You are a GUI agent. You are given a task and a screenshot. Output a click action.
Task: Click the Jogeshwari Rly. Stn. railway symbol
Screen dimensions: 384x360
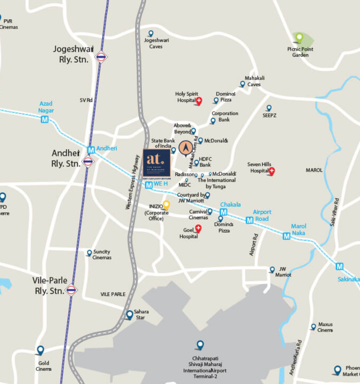pyautogui.click(x=101, y=57)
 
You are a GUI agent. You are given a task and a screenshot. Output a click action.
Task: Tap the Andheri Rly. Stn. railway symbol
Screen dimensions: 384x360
pyautogui.click(x=88, y=161)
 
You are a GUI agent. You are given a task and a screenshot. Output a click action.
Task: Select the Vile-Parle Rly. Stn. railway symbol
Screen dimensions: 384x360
pyautogui.click(x=71, y=290)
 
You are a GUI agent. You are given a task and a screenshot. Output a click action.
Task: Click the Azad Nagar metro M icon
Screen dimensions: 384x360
pyautogui.click(x=45, y=119)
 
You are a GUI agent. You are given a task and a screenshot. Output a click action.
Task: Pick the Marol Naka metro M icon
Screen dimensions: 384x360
pyautogui.click(x=287, y=236)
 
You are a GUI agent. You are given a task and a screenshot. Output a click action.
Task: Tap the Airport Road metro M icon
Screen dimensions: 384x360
pyautogui.click(x=249, y=220)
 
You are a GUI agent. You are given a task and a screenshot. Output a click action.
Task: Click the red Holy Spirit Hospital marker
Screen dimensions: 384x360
pyautogui.click(x=199, y=101)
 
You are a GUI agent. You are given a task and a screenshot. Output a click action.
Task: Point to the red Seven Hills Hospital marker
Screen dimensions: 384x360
pyautogui.click(x=271, y=171)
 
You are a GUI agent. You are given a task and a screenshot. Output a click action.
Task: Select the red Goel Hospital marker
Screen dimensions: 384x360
pyautogui.click(x=198, y=228)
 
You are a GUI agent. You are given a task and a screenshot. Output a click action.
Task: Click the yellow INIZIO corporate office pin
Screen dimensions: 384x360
pyautogui.click(x=166, y=205)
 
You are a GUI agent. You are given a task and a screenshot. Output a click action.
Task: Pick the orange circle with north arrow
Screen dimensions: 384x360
pyautogui.click(x=185, y=148)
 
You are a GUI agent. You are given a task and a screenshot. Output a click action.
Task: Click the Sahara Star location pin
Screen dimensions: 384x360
pyautogui.click(x=130, y=315)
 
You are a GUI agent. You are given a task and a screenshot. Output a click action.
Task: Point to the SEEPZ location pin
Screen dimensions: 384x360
pyautogui.click(x=269, y=108)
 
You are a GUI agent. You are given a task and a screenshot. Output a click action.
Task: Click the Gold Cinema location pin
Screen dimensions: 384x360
pyautogui.click(x=40, y=350)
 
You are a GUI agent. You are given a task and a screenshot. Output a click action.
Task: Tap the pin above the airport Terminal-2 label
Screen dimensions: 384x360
pyautogui.click(x=200, y=345)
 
